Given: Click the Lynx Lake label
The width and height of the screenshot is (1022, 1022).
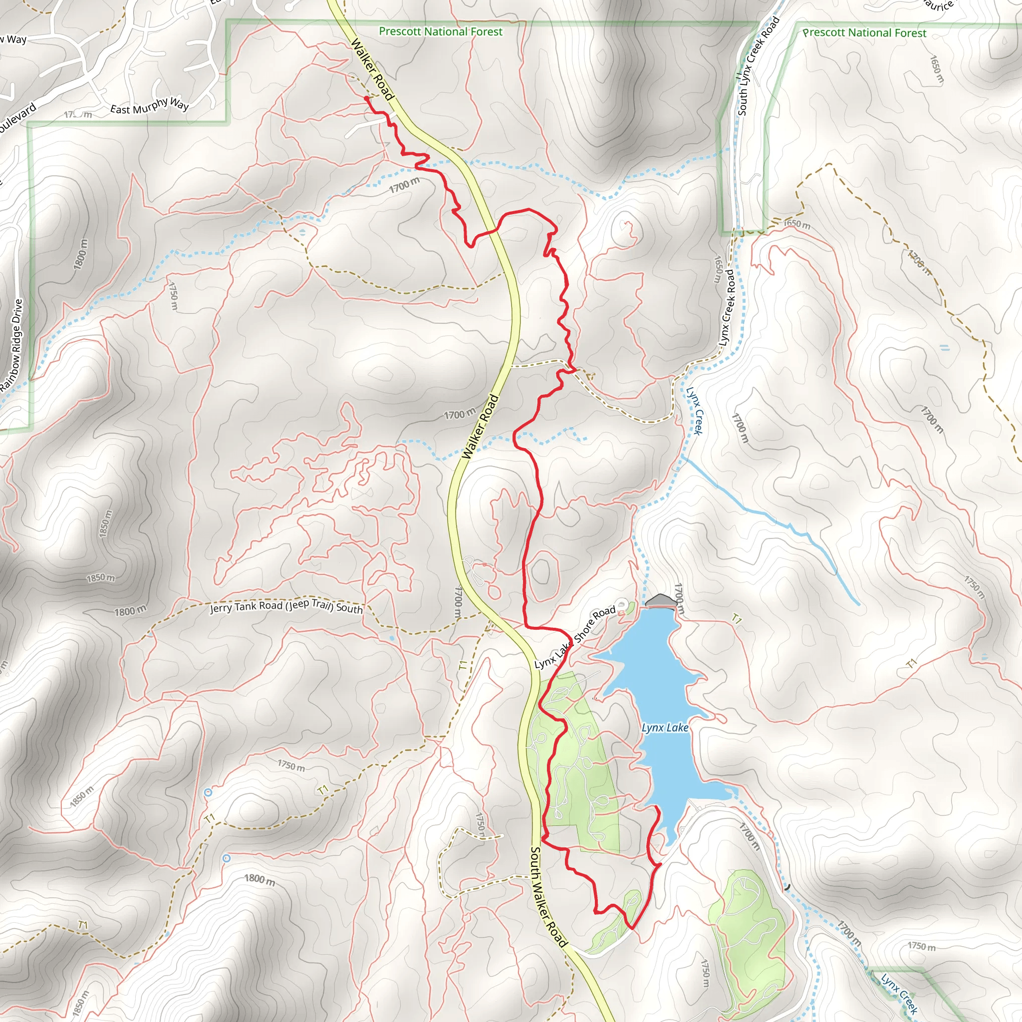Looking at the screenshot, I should (665, 728).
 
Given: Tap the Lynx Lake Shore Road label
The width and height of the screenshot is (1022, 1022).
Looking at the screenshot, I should (574, 637).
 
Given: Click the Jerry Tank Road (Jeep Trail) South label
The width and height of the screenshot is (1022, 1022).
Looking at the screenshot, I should (286, 607).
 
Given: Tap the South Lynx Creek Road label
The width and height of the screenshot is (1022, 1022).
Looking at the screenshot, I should (759, 66).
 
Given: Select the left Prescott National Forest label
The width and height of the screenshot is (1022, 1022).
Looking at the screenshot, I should (441, 32).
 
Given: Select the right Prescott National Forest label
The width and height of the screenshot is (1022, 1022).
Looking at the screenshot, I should (864, 33).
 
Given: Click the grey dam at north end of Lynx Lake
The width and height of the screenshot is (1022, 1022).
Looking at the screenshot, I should (661, 601).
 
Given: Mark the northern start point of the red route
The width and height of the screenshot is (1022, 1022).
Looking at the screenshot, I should (366, 98).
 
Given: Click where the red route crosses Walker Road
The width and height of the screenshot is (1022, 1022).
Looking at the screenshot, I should (496, 230).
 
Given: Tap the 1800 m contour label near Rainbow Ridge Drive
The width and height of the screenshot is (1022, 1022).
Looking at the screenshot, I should (81, 254).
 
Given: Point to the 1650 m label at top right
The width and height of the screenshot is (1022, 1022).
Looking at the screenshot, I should (937, 69).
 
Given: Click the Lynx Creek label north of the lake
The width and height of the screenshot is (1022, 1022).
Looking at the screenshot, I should (694, 411).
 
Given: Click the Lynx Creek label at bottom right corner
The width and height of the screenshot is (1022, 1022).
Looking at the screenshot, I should (899, 994).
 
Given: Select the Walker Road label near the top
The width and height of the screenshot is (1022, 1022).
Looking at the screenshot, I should (372, 70).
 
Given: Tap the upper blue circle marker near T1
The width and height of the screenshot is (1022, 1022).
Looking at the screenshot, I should (208, 792).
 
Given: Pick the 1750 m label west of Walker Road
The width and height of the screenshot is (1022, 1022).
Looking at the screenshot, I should (174, 296).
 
